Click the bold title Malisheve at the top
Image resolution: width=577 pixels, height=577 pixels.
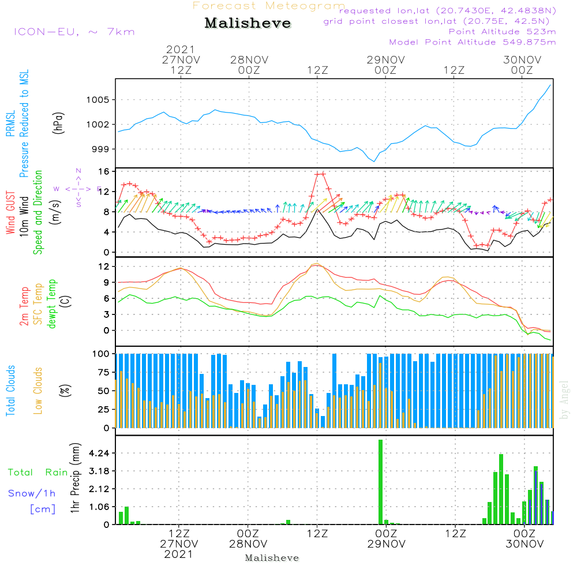tap(248, 24)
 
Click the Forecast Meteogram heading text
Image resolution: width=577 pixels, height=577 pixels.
tap(269, 6)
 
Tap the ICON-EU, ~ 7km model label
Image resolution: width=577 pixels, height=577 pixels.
tap(74, 32)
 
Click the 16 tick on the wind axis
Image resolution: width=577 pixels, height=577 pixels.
tap(104, 172)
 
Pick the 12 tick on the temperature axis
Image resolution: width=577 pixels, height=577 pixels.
tap(104, 266)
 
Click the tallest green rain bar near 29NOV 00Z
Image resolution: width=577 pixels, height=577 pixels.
tap(381, 482)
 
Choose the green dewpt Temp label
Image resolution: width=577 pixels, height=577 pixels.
tap(53, 304)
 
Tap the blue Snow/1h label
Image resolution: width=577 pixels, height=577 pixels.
tap(32, 493)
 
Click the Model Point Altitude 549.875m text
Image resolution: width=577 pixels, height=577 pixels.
tap(473, 42)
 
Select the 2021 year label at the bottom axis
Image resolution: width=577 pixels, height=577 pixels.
tap(179, 554)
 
